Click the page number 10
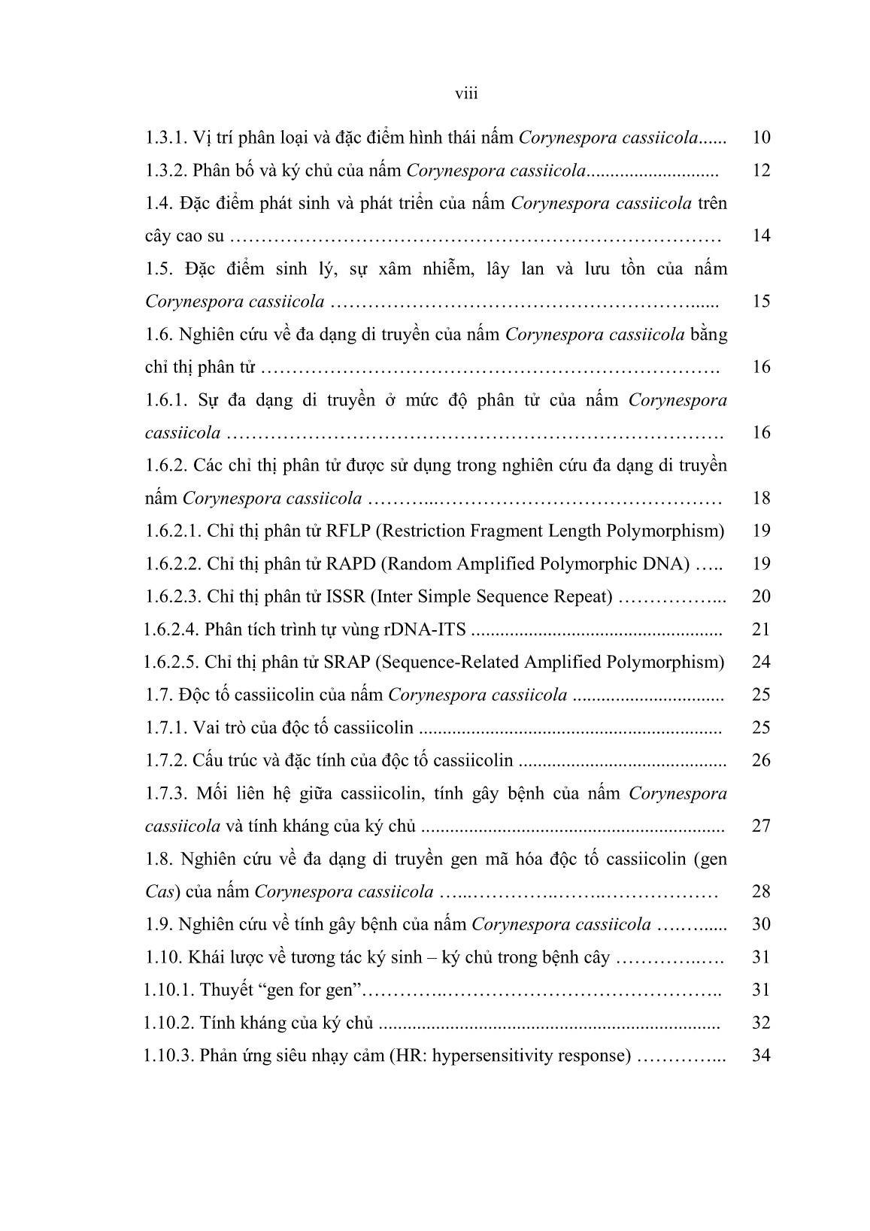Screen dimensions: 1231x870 (x=761, y=138)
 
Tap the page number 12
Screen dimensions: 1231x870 (x=761, y=171)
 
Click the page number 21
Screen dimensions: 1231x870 (x=761, y=630)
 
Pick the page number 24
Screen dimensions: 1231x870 (x=761, y=662)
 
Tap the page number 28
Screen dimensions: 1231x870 (x=761, y=893)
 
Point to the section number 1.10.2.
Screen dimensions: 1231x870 (x=169, y=1023)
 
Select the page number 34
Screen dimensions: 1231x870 (x=761, y=1056)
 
